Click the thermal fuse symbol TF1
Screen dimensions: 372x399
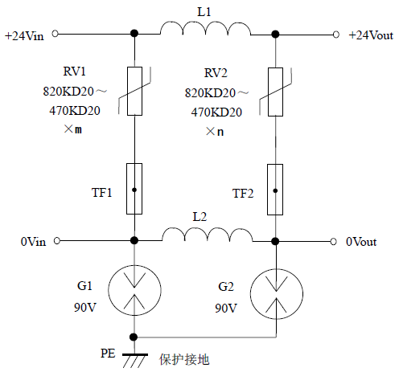click(x=134, y=190)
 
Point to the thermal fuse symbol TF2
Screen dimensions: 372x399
click(x=276, y=190)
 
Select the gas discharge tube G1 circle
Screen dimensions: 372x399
click(x=134, y=286)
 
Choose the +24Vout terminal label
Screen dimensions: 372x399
click(x=370, y=35)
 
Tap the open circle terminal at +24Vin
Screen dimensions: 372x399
click(x=55, y=35)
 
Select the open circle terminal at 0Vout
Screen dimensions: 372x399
click(x=333, y=240)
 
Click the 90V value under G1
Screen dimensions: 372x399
click(x=84, y=309)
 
